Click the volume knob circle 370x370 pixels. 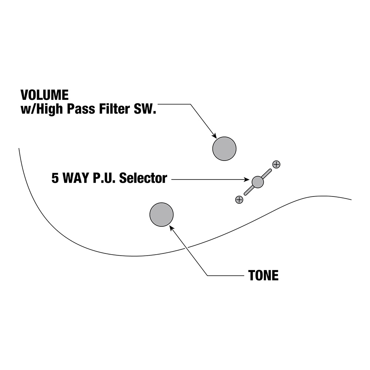[x=224, y=149]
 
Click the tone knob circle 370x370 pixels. [x=161, y=215]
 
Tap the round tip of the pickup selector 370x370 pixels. [x=258, y=182]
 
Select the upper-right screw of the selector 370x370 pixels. [x=276, y=164]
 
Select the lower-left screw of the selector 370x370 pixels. [x=239, y=199]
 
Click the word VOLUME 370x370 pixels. [x=44, y=95]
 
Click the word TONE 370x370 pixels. [x=263, y=275]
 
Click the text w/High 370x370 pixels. [x=41, y=110]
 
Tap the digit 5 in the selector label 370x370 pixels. [x=55, y=179]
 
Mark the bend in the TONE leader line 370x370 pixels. [x=208, y=275]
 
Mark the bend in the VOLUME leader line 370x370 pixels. [x=191, y=105]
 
